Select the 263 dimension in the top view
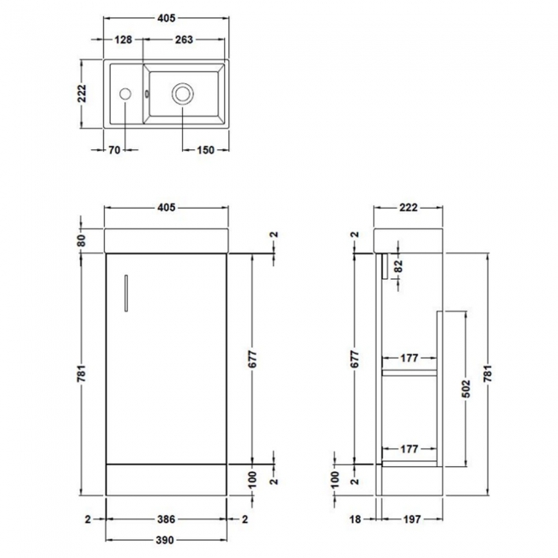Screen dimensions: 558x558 (x=183, y=39)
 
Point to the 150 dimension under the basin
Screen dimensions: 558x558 (x=206, y=151)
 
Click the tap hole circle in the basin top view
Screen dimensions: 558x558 (x=125, y=92)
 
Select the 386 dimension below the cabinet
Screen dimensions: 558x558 (x=167, y=519)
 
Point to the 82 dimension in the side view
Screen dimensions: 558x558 (x=397, y=267)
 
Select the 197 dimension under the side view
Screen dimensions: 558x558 (x=409, y=519)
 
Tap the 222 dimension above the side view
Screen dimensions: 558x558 (x=409, y=208)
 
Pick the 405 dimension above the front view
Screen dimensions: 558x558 (x=167, y=208)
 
